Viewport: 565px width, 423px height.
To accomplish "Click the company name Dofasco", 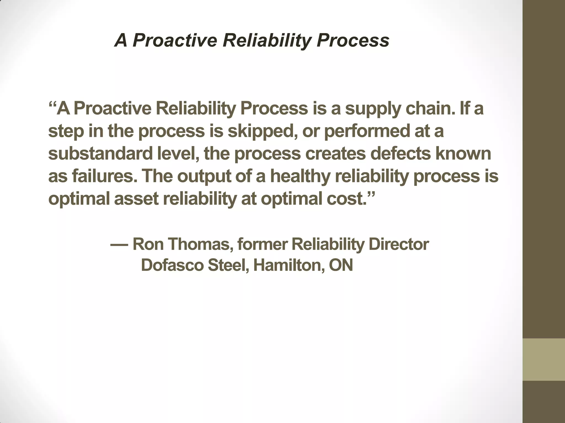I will tap(172, 265).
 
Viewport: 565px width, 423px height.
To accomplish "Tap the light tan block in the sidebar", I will tap(544, 359).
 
